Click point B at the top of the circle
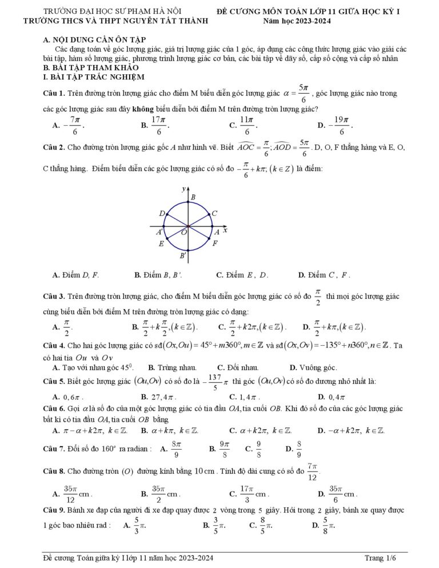(x=193, y=197)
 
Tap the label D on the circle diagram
(x=162, y=213)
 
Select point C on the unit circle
(x=214, y=213)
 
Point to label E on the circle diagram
(x=162, y=243)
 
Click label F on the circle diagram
(x=214, y=243)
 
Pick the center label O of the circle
(x=184, y=233)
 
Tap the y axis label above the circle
(x=184, y=188)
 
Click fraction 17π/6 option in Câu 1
(x=158, y=124)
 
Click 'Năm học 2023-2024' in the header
(x=297, y=21)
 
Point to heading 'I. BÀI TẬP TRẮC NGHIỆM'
(x=90, y=77)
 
